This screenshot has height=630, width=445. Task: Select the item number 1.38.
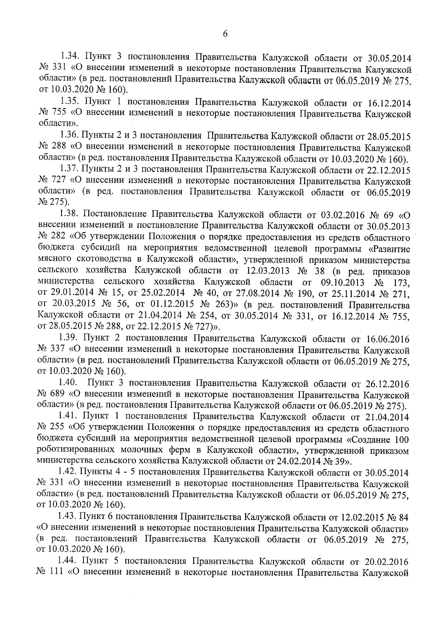click(70, 215)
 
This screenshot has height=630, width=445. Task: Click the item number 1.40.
click(68, 383)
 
